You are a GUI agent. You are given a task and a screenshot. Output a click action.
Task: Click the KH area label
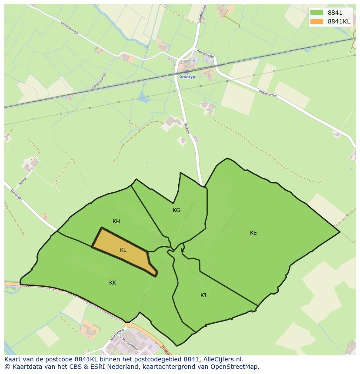pyautogui.click(x=116, y=222)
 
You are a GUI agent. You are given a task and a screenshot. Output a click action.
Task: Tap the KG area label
pyautogui.click(x=176, y=210)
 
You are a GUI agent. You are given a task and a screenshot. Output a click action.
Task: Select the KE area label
pyautogui.click(x=253, y=233)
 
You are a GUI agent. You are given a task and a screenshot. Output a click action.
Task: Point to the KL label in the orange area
pyautogui.click(x=123, y=250)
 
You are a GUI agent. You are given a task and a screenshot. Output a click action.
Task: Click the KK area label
pyautogui.click(x=113, y=283)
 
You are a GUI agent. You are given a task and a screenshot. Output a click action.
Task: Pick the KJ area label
pyautogui.click(x=203, y=295)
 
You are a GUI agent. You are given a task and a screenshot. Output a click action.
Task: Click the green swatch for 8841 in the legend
pyautogui.click(x=317, y=13)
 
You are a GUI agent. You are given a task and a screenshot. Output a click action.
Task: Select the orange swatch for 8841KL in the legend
pyautogui.click(x=317, y=21)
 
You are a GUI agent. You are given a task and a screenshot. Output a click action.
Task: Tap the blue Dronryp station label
pyautogui.click(x=187, y=77)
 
